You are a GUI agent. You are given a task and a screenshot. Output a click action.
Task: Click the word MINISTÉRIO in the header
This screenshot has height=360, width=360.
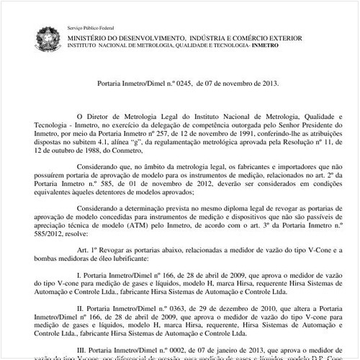[92, 35]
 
